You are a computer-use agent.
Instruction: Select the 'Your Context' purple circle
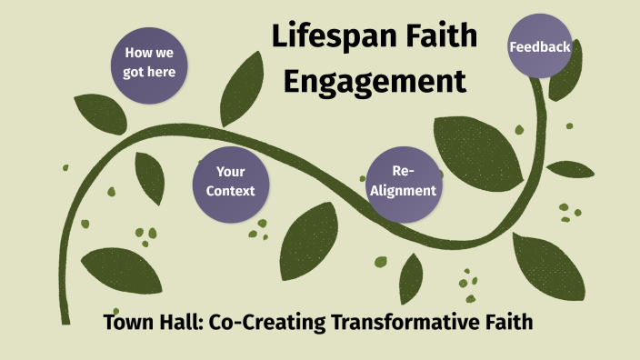[225, 181]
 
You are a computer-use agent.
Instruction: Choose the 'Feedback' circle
[540, 46]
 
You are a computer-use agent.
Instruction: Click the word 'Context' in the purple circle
[225, 191]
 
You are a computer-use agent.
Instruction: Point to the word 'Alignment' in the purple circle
[403, 191]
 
